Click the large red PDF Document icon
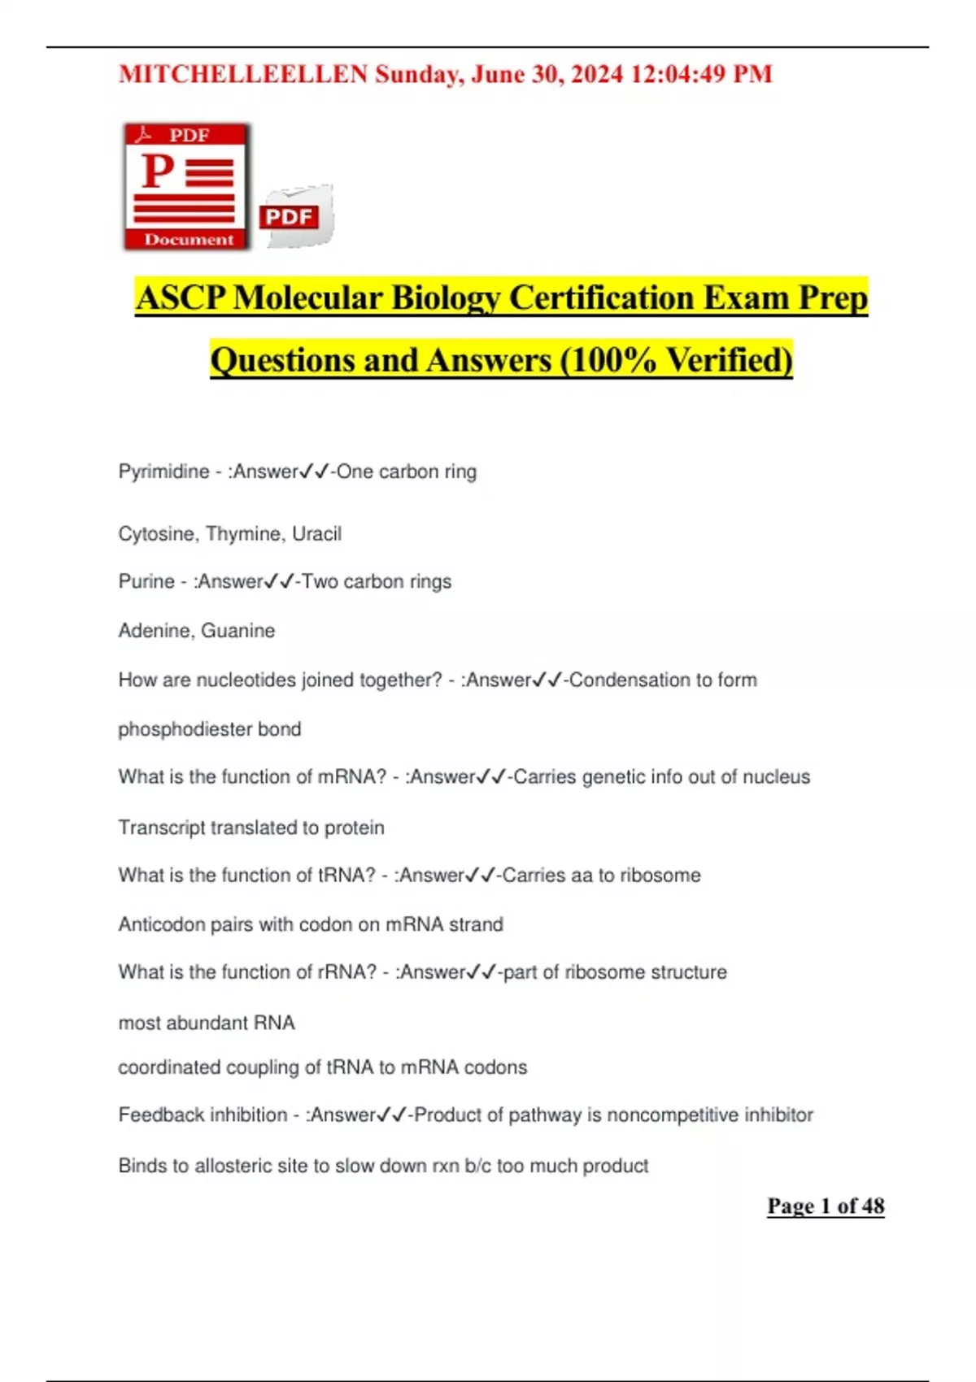point(186,186)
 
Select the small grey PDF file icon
point(296,216)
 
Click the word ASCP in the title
point(181,298)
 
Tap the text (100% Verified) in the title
point(676,360)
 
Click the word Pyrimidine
point(163,472)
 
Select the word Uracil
point(316,534)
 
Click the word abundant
point(207,1023)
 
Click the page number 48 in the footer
point(873,1206)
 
